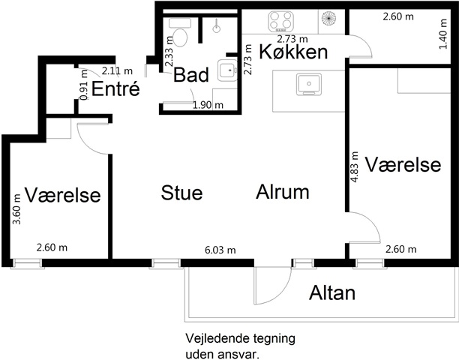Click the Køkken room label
[293, 52]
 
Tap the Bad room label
[191, 75]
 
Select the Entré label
[115, 88]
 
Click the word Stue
[181, 193]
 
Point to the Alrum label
[283, 192]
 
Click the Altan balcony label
[332, 292]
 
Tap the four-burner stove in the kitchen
[280, 21]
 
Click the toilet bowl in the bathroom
[180, 37]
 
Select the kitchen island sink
[308, 84]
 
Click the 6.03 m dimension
[220, 250]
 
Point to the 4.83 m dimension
[354, 167]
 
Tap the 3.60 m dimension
[16, 209]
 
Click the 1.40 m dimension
[443, 34]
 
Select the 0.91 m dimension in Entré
[84, 85]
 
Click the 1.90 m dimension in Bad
[208, 105]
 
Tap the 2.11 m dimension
[117, 70]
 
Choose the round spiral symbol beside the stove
[328, 18]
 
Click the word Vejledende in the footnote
[213, 339]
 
